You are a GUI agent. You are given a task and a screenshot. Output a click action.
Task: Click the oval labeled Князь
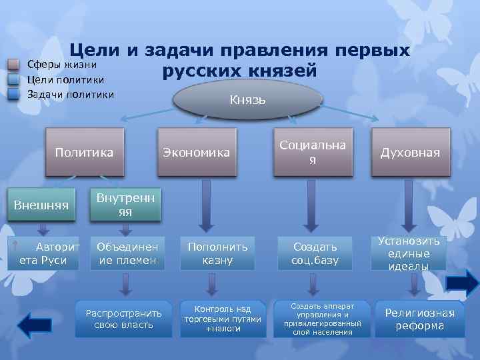[247, 100]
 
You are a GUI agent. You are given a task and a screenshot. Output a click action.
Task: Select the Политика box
[84, 153]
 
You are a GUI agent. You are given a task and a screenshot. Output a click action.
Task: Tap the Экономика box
[196, 153]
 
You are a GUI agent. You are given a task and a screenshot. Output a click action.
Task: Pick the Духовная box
[410, 153]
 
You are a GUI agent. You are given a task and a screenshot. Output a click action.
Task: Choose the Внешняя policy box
[41, 205]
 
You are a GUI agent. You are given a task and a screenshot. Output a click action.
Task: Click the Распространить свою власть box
[124, 318]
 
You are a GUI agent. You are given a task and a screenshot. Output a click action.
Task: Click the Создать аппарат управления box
[322, 318]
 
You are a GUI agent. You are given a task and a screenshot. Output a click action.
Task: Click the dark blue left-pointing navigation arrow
[34, 326]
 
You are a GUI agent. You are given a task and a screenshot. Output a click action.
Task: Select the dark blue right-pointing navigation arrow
[461, 283]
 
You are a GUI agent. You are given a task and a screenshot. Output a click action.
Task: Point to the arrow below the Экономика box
[205, 204]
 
